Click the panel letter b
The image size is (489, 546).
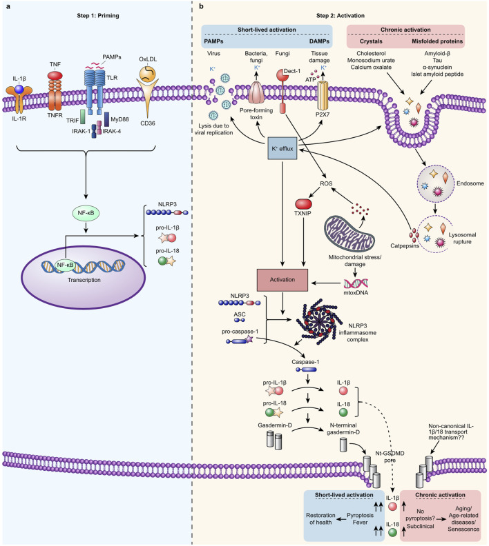201,7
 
